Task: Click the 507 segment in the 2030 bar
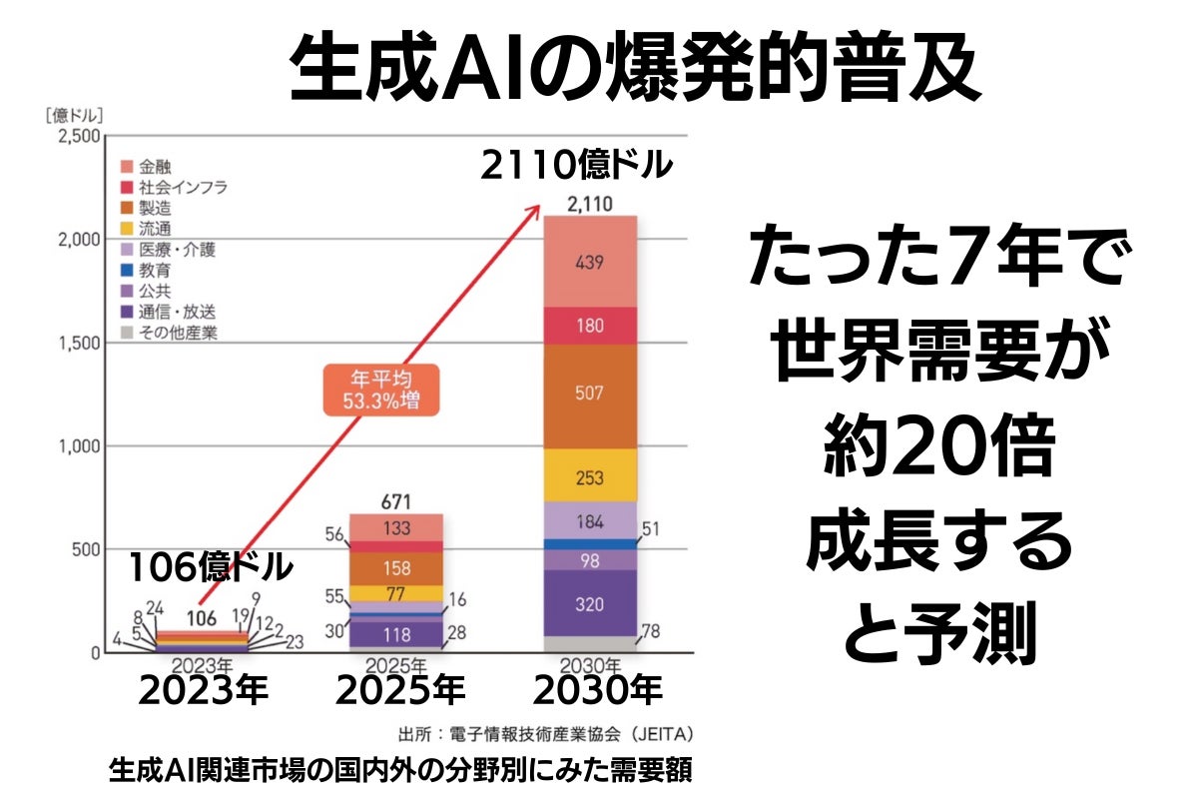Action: [x=589, y=394]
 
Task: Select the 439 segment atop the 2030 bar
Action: [x=589, y=262]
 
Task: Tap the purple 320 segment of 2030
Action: [x=589, y=603]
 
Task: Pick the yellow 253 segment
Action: [x=589, y=477]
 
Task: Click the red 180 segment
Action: [x=589, y=327]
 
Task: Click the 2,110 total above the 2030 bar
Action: [x=589, y=205]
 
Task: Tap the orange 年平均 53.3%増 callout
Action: [x=380, y=391]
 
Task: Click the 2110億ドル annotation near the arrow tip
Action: [x=575, y=165]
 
